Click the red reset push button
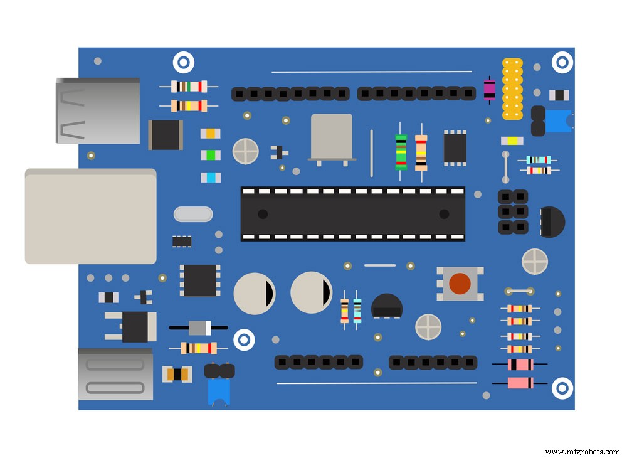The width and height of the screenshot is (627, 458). coord(460,283)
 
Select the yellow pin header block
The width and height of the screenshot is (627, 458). coord(512,88)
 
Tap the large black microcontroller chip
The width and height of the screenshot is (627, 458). coord(353,214)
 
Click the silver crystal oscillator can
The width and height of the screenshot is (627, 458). coord(332,137)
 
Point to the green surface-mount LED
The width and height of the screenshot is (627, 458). coord(211,154)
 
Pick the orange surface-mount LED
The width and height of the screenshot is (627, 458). coord(211,133)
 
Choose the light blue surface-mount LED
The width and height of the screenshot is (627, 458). coord(211,178)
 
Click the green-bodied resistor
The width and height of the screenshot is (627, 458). coord(401,152)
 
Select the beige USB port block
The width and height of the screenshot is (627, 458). coord(90,216)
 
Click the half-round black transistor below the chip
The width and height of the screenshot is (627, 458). coord(386,306)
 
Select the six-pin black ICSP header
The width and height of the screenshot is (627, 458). coord(513,212)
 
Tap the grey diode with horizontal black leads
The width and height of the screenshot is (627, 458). coord(199,328)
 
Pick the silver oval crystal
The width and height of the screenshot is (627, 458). coord(193,214)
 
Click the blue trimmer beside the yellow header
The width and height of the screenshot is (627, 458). coord(557,120)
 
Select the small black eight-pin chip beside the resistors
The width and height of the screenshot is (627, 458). coord(455,148)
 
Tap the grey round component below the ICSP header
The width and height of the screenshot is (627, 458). coord(535,261)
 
